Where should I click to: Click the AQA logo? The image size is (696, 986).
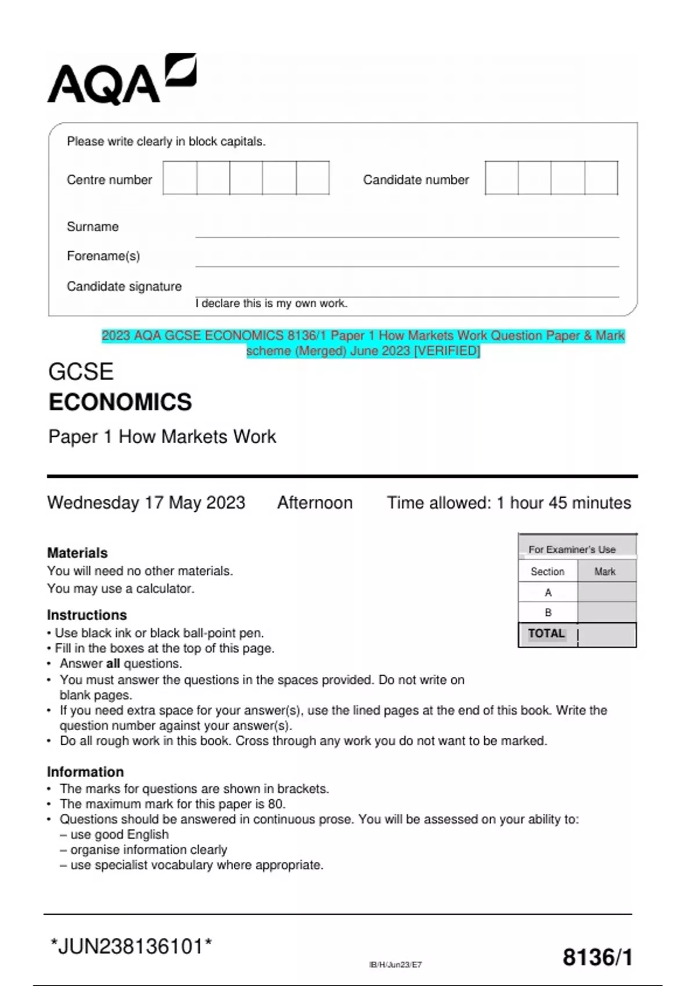122,79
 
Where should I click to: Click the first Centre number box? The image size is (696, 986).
180,178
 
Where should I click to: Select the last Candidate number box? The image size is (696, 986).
601,178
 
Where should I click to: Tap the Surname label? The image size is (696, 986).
93,227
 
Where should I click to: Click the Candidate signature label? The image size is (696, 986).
124,287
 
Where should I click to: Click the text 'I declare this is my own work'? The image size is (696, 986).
271,303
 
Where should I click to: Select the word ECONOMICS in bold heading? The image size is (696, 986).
120,403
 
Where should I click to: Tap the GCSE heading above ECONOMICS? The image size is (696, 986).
81,372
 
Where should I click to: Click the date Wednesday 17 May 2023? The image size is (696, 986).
146,502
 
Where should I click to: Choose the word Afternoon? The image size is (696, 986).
315,502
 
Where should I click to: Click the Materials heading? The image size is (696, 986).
77,553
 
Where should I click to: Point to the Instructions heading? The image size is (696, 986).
87,615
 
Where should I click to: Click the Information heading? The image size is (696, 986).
85,772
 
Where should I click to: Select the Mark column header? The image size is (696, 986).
605,572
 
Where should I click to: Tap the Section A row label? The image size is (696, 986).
548,593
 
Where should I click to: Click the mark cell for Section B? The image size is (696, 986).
607,612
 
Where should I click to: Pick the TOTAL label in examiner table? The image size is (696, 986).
546,633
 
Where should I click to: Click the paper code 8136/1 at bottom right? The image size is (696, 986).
597,958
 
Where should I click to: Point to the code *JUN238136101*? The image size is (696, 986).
131,947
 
